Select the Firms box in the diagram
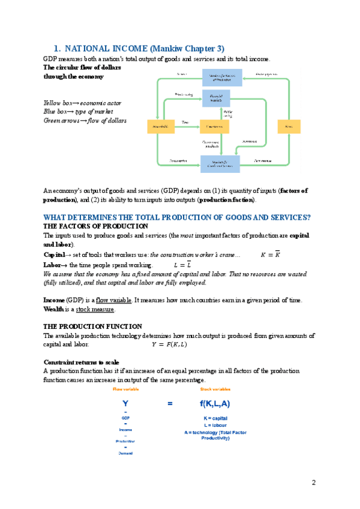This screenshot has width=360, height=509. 289,127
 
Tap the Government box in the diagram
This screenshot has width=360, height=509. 214,127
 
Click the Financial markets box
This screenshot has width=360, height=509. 216,98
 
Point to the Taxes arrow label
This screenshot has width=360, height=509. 185,122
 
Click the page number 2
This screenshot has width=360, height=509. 313,483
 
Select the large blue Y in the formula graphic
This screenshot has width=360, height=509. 125,404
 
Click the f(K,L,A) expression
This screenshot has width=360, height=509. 215,404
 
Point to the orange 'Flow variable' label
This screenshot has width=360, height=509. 126,390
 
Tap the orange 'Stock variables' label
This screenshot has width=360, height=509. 215,390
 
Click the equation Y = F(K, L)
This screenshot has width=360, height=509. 169,345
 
